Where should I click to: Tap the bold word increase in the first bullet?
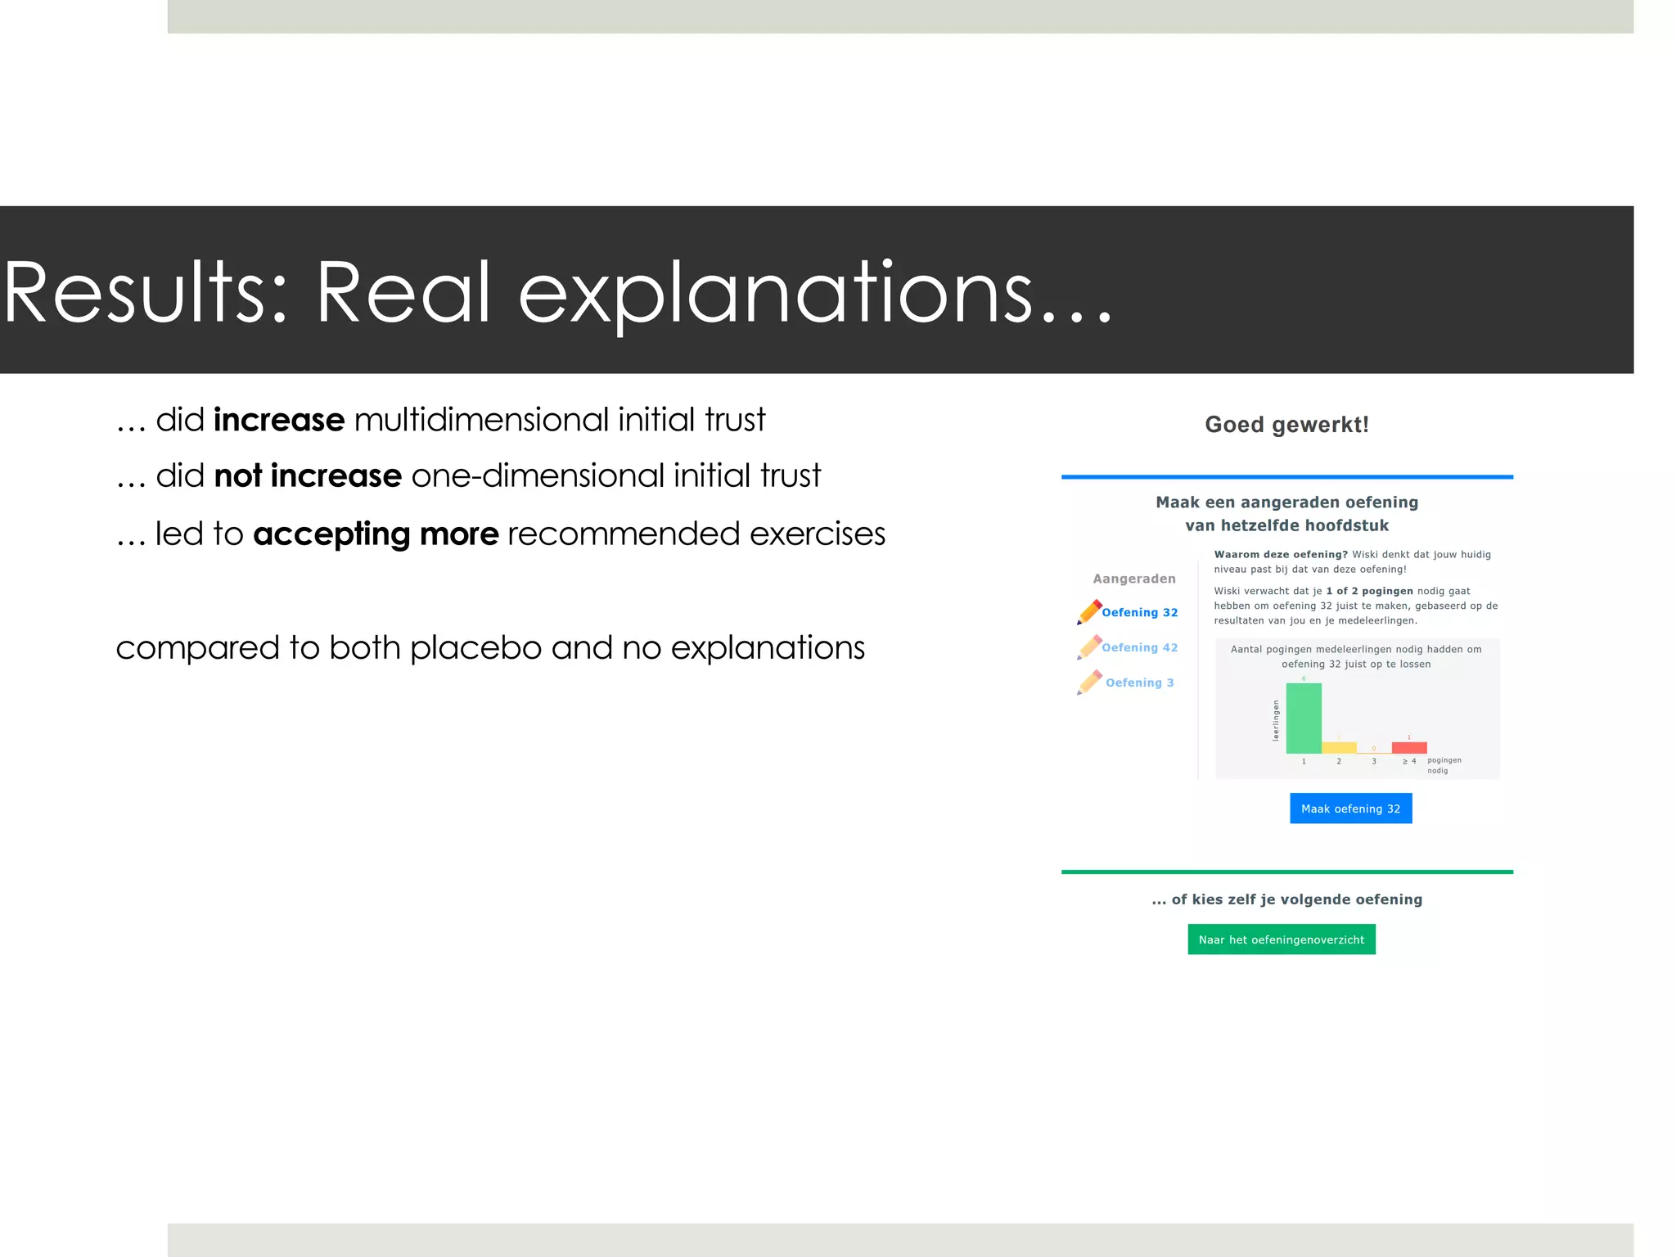279,420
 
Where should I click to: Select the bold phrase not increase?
308,475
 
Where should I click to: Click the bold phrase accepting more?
376,534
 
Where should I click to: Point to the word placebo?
475,647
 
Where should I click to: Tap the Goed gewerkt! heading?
1286,425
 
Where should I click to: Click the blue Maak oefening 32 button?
1350,809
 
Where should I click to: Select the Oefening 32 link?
1139,612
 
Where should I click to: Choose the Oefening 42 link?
1139,647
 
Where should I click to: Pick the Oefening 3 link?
1139,683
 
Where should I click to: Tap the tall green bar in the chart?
1304,719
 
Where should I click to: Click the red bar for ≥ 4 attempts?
1409,748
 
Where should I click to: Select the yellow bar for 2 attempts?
1339,748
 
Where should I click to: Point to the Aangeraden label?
1133,579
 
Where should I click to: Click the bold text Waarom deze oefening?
1280,554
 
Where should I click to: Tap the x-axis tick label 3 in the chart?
1374,762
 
